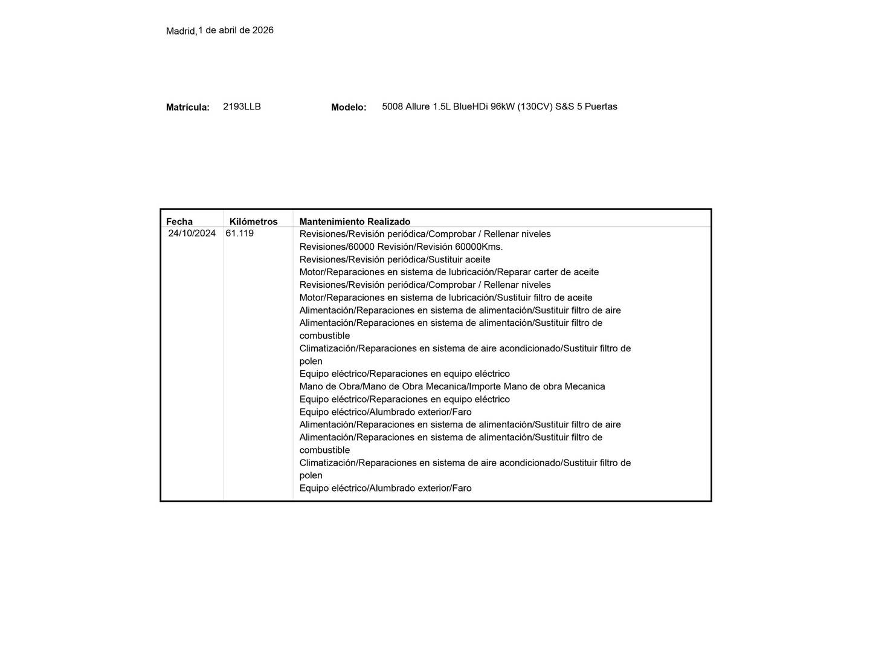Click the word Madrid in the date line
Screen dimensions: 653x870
(180, 31)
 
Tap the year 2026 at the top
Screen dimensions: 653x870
(263, 30)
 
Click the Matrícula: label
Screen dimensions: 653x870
(188, 107)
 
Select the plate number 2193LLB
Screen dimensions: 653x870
(242, 106)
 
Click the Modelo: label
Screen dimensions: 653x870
(349, 107)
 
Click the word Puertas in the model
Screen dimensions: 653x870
(601, 106)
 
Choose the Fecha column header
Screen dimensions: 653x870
(179, 221)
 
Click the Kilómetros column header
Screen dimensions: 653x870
(253, 221)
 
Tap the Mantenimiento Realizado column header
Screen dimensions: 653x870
(355, 221)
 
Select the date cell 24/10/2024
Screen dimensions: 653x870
(192, 233)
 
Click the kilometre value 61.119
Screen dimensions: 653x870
(240, 233)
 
